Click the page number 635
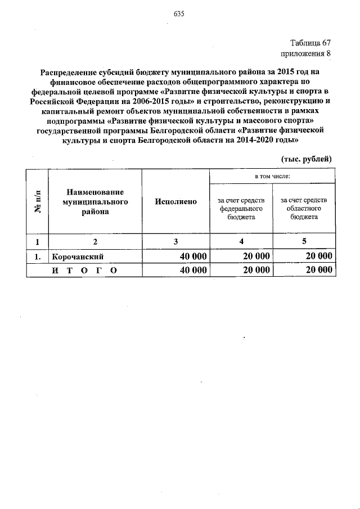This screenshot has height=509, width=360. pyautogui.click(x=180, y=14)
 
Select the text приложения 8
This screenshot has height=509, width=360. pyautogui.click(x=306, y=54)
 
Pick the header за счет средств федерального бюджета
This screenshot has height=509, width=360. pyautogui.click(x=241, y=207)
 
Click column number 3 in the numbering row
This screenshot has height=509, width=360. pyautogui.click(x=175, y=242)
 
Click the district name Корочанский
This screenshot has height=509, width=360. pyautogui.click(x=78, y=256)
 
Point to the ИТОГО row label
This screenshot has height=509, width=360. pyautogui.click(x=84, y=271)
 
